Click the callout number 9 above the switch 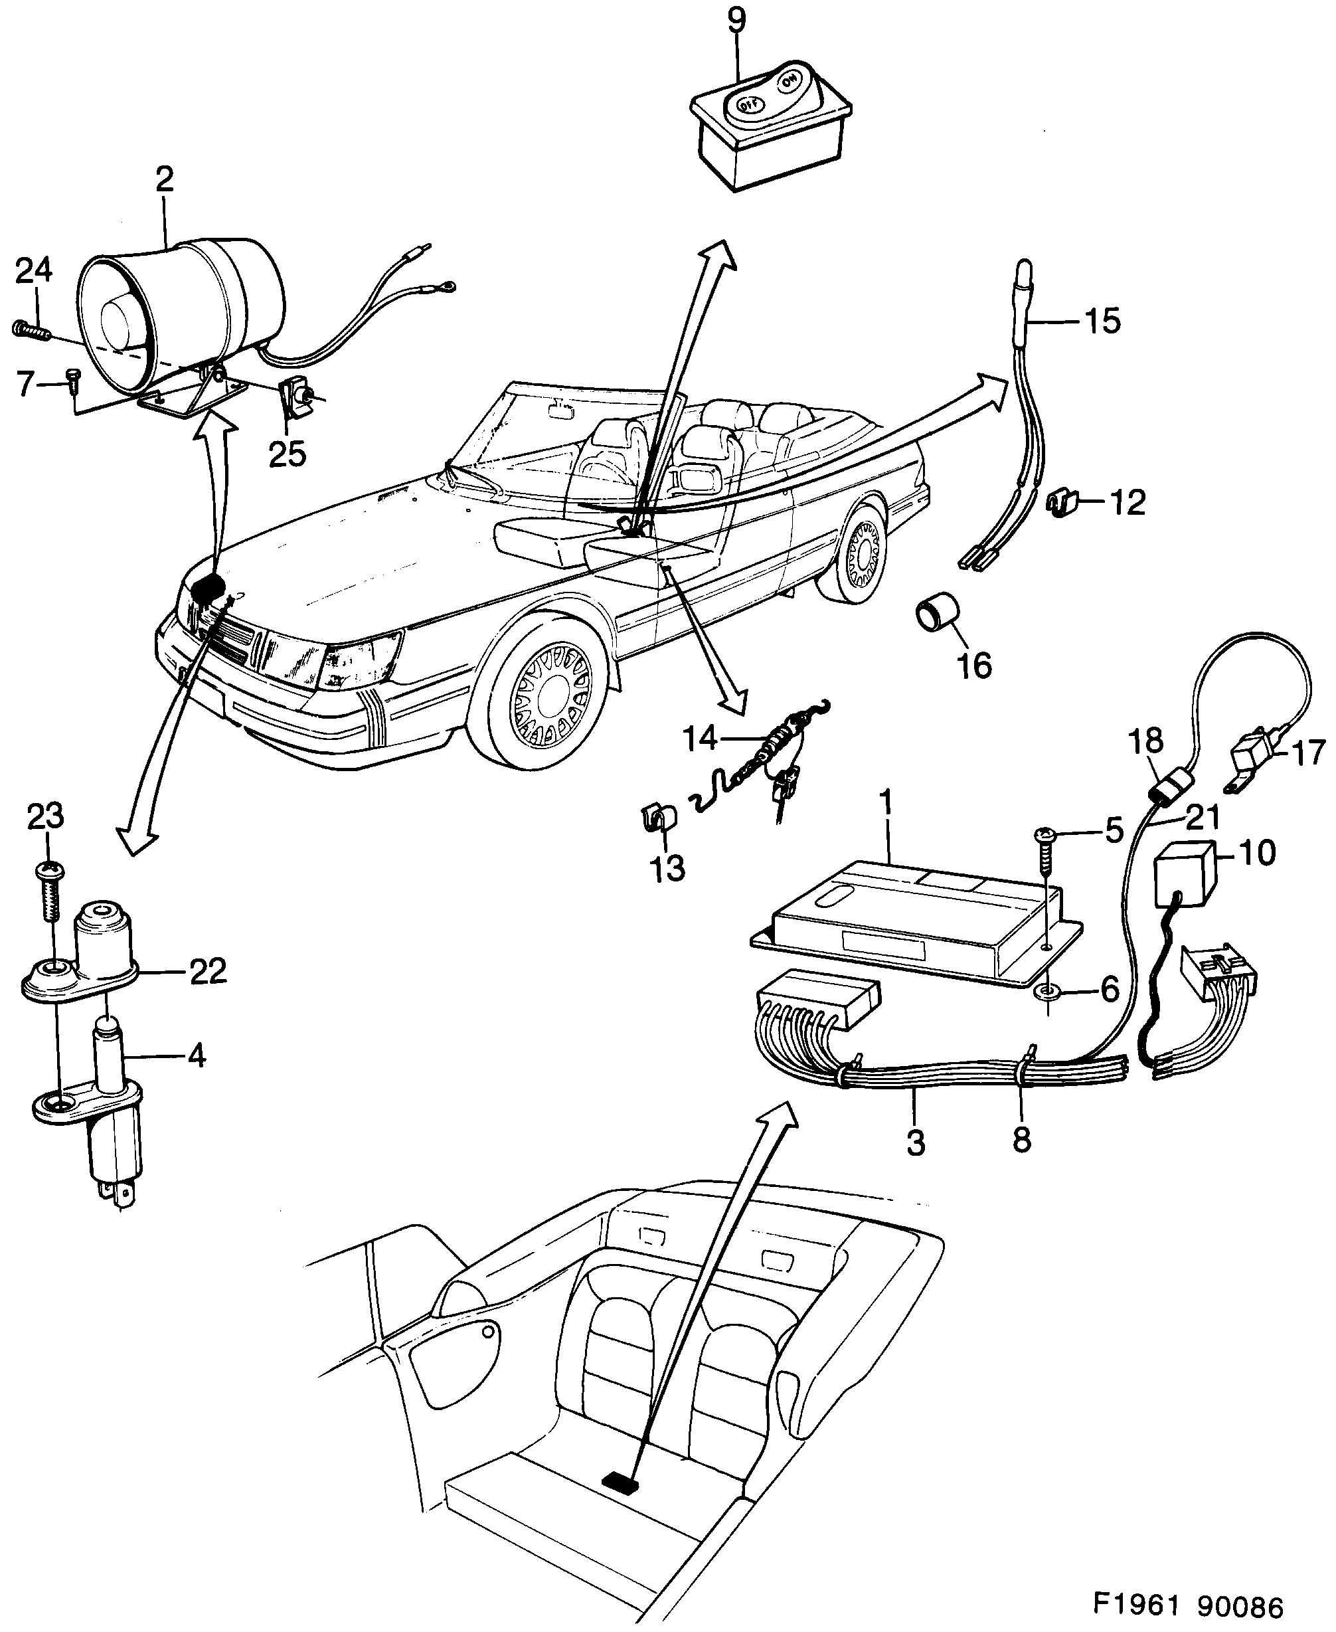click(736, 20)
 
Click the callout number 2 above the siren click(164, 180)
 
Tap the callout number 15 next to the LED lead click(1102, 321)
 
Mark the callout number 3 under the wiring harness click(915, 1142)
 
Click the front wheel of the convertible click(552, 701)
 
